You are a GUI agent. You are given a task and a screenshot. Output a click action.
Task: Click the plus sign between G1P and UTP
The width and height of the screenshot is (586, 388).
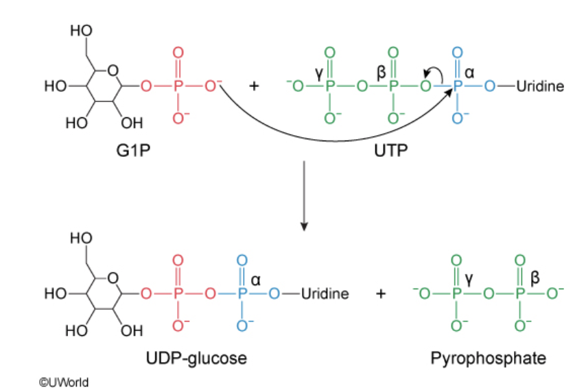tap(255, 87)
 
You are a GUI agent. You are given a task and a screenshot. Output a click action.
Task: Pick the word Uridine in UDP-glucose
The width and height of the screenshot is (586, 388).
tap(325, 294)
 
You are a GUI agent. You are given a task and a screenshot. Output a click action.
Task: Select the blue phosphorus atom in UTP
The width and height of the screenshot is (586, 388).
tap(458, 87)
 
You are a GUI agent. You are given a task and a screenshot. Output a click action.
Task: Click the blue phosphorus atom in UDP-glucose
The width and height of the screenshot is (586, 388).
tap(242, 294)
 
